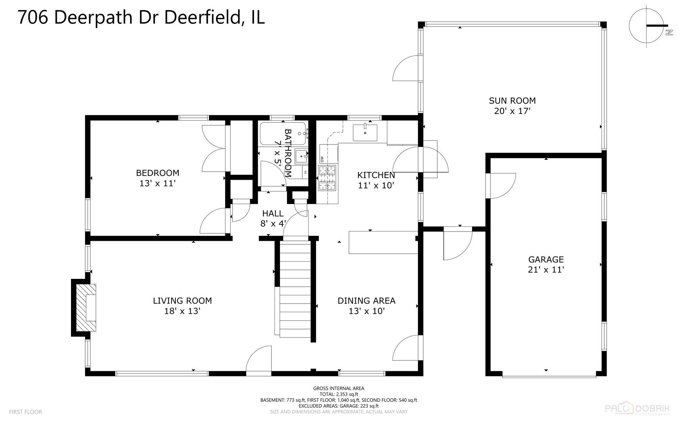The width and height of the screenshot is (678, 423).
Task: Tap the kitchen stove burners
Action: (x=327, y=178)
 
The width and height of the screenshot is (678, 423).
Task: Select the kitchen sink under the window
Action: (x=365, y=132)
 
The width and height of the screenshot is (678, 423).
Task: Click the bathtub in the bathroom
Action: (x=282, y=134)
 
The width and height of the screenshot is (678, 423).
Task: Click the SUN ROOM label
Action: (x=512, y=101)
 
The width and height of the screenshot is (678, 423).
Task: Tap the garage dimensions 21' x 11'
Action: (x=546, y=269)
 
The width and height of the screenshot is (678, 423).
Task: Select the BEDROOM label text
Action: (x=157, y=173)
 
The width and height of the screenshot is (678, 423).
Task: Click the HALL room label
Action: (x=273, y=213)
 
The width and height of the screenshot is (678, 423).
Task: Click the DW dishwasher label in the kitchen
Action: (x=322, y=159)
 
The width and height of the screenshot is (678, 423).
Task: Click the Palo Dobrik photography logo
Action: (x=638, y=409)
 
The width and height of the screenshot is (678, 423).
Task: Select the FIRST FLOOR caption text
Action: (x=25, y=412)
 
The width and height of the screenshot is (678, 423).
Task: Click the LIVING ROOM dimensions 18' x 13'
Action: (x=182, y=311)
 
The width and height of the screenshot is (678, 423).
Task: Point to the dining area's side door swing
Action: (x=407, y=348)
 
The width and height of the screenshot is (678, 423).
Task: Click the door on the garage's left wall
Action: (x=502, y=186)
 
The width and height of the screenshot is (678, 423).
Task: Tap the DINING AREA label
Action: (x=366, y=300)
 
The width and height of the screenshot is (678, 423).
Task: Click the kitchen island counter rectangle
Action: (x=383, y=242)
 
